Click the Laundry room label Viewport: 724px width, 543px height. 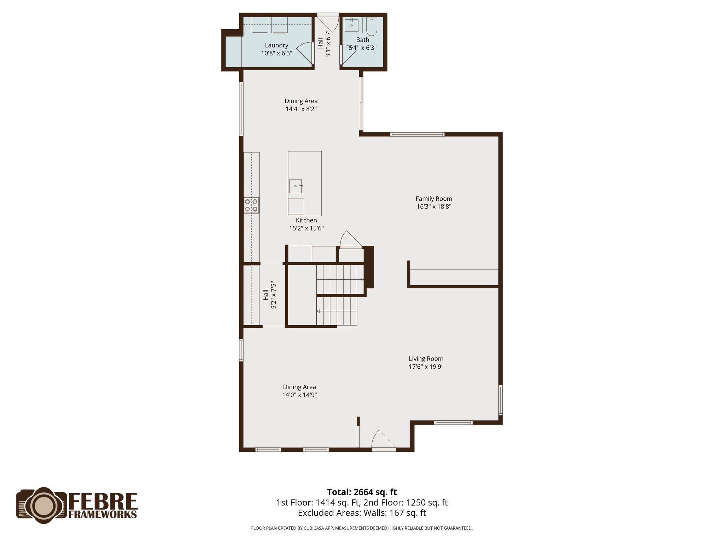(276, 45)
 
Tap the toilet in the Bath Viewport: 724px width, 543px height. (372, 25)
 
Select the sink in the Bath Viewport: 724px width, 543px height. (351, 25)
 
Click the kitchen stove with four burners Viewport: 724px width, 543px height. (251, 205)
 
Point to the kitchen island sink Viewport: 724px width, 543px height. (296, 186)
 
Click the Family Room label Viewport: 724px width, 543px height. (434, 199)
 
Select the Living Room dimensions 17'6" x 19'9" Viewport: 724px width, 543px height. (426, 367)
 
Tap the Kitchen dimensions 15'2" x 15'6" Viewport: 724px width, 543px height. (306, 228)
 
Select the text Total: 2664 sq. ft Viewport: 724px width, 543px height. (362, 492)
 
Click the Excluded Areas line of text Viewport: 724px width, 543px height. (362, 513)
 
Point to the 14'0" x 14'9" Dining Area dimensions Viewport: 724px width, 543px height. (299, 395)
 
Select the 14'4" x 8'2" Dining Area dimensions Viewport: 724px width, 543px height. (301, 109)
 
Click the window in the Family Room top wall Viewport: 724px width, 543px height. (417, 134)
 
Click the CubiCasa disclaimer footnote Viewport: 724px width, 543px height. (362, 528)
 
